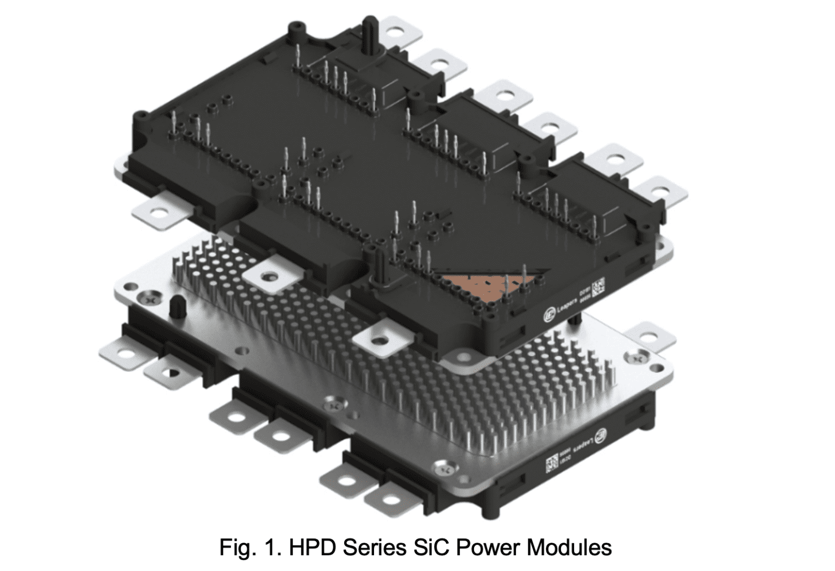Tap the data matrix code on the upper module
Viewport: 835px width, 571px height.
point(599,286)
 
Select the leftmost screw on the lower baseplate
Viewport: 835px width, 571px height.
point(146,298)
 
